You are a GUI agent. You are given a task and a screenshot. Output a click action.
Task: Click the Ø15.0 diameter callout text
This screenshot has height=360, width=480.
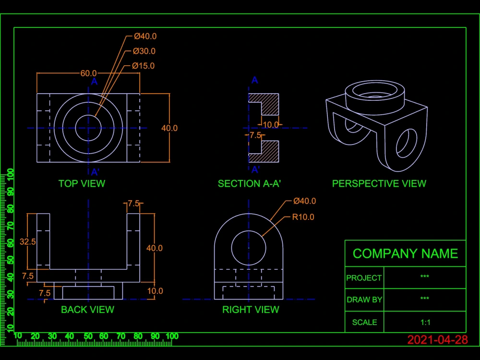pos(144,66)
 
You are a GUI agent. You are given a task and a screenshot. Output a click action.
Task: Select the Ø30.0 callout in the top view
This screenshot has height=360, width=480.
pos(144,51)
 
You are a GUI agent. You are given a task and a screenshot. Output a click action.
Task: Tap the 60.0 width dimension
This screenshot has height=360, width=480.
pos(88,73)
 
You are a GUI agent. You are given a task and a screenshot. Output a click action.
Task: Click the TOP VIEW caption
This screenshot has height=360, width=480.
pos(82,183)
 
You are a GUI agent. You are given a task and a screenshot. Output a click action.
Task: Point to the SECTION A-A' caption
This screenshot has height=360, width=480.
pos(249,183)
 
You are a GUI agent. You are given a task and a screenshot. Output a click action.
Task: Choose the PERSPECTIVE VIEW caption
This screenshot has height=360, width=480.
pos(379,183)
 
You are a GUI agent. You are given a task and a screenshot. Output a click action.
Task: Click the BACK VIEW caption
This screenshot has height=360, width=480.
pos(87,310)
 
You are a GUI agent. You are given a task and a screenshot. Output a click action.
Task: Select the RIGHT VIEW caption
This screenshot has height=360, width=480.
pos(251,310)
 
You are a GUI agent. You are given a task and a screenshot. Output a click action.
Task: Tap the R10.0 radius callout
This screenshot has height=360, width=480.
pos(303,217)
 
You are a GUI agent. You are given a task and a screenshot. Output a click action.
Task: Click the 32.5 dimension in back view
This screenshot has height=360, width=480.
pos(27,241)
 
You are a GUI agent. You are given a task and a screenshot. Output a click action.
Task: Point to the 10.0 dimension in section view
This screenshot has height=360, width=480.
pos(270,125)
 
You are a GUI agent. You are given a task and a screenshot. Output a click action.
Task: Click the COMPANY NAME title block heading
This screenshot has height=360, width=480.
pos(405,253)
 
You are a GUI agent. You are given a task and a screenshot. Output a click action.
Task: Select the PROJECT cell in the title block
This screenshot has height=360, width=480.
pos(364,278)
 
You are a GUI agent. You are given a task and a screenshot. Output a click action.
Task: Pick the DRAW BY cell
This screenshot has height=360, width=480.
pos(364,300)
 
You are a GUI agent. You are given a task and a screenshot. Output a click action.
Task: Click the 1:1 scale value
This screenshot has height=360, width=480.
pos(424,322)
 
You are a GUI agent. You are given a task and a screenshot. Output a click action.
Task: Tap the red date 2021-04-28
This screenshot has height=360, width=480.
pos(437,340)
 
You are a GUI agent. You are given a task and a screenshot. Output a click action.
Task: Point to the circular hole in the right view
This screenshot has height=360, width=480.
pos(249,248)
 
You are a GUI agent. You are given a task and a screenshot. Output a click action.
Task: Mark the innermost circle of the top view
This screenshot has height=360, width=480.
pos(88,128)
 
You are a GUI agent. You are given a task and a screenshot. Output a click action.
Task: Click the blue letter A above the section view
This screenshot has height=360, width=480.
pos(255,80)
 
